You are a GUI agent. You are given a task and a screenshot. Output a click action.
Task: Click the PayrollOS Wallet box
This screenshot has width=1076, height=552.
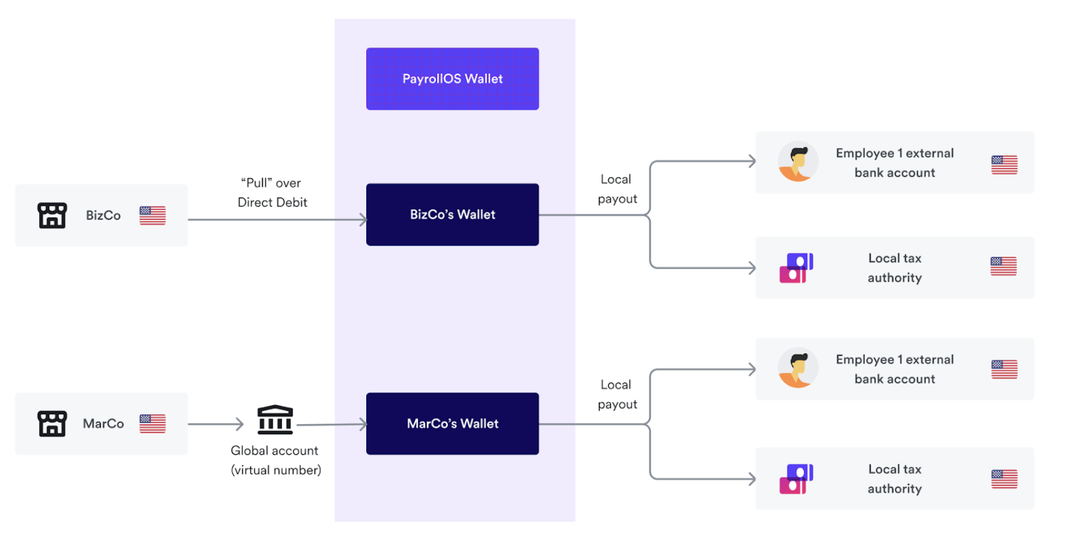[x=452, y=79]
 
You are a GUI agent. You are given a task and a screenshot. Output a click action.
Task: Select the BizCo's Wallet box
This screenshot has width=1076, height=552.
[x=452, y=214]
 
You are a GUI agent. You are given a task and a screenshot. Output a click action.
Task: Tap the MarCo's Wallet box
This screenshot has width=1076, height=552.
[x=452, y=424]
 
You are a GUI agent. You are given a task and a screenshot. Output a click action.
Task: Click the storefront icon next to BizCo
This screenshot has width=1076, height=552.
[x=52, y=216]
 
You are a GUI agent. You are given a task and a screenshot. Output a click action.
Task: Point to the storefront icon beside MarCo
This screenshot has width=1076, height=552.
[x=52, y=424]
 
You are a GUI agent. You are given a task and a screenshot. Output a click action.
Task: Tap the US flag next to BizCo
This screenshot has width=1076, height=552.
[x=153, y=216]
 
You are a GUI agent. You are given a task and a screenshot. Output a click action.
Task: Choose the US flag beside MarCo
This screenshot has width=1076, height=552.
[x=153, y=424]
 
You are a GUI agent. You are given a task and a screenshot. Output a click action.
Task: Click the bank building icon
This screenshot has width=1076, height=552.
[x=275, y=420]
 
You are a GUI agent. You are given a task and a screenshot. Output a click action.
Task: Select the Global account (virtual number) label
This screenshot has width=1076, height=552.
[x=276, y=460]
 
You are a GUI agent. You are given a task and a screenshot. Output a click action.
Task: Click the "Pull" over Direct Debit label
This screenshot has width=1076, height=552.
[x=272, y=193]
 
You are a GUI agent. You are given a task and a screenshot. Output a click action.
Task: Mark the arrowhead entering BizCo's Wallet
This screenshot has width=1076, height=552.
[x=362, y=219]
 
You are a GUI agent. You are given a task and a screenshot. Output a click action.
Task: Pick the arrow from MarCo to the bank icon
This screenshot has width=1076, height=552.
[x=215, y=424]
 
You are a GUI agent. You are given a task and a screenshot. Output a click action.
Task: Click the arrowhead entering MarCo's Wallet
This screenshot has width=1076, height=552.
[x=362, y=424]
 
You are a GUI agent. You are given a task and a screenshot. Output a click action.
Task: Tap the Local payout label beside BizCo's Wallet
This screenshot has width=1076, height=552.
[x=617, y=189]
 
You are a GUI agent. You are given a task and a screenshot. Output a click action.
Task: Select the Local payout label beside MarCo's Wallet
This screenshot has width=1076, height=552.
[x=617, y=394]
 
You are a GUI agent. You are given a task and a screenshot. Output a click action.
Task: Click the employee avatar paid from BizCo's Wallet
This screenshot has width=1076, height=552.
[x=798, y=162]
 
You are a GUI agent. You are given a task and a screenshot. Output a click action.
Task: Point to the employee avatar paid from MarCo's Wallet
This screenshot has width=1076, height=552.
[x=798, y=368]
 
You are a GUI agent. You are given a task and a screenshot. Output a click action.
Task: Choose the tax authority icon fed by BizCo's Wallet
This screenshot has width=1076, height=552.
[x=796, y=268]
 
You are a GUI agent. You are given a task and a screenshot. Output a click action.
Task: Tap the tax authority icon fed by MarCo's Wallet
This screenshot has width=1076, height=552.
[x=796, y=479]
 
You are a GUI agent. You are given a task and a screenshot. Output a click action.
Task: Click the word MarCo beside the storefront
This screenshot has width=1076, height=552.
[x=103, y=424]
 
